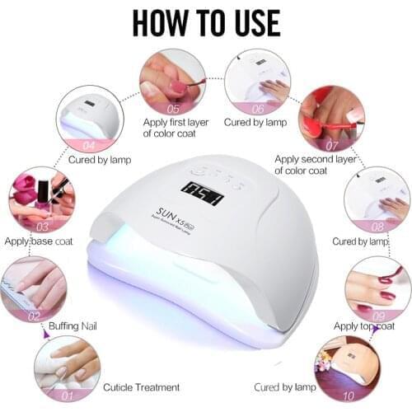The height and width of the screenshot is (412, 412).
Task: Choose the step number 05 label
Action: click(172, 108)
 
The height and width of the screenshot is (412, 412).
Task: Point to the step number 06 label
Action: click(257, 107)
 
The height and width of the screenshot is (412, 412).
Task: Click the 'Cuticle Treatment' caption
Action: click(142, 386)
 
